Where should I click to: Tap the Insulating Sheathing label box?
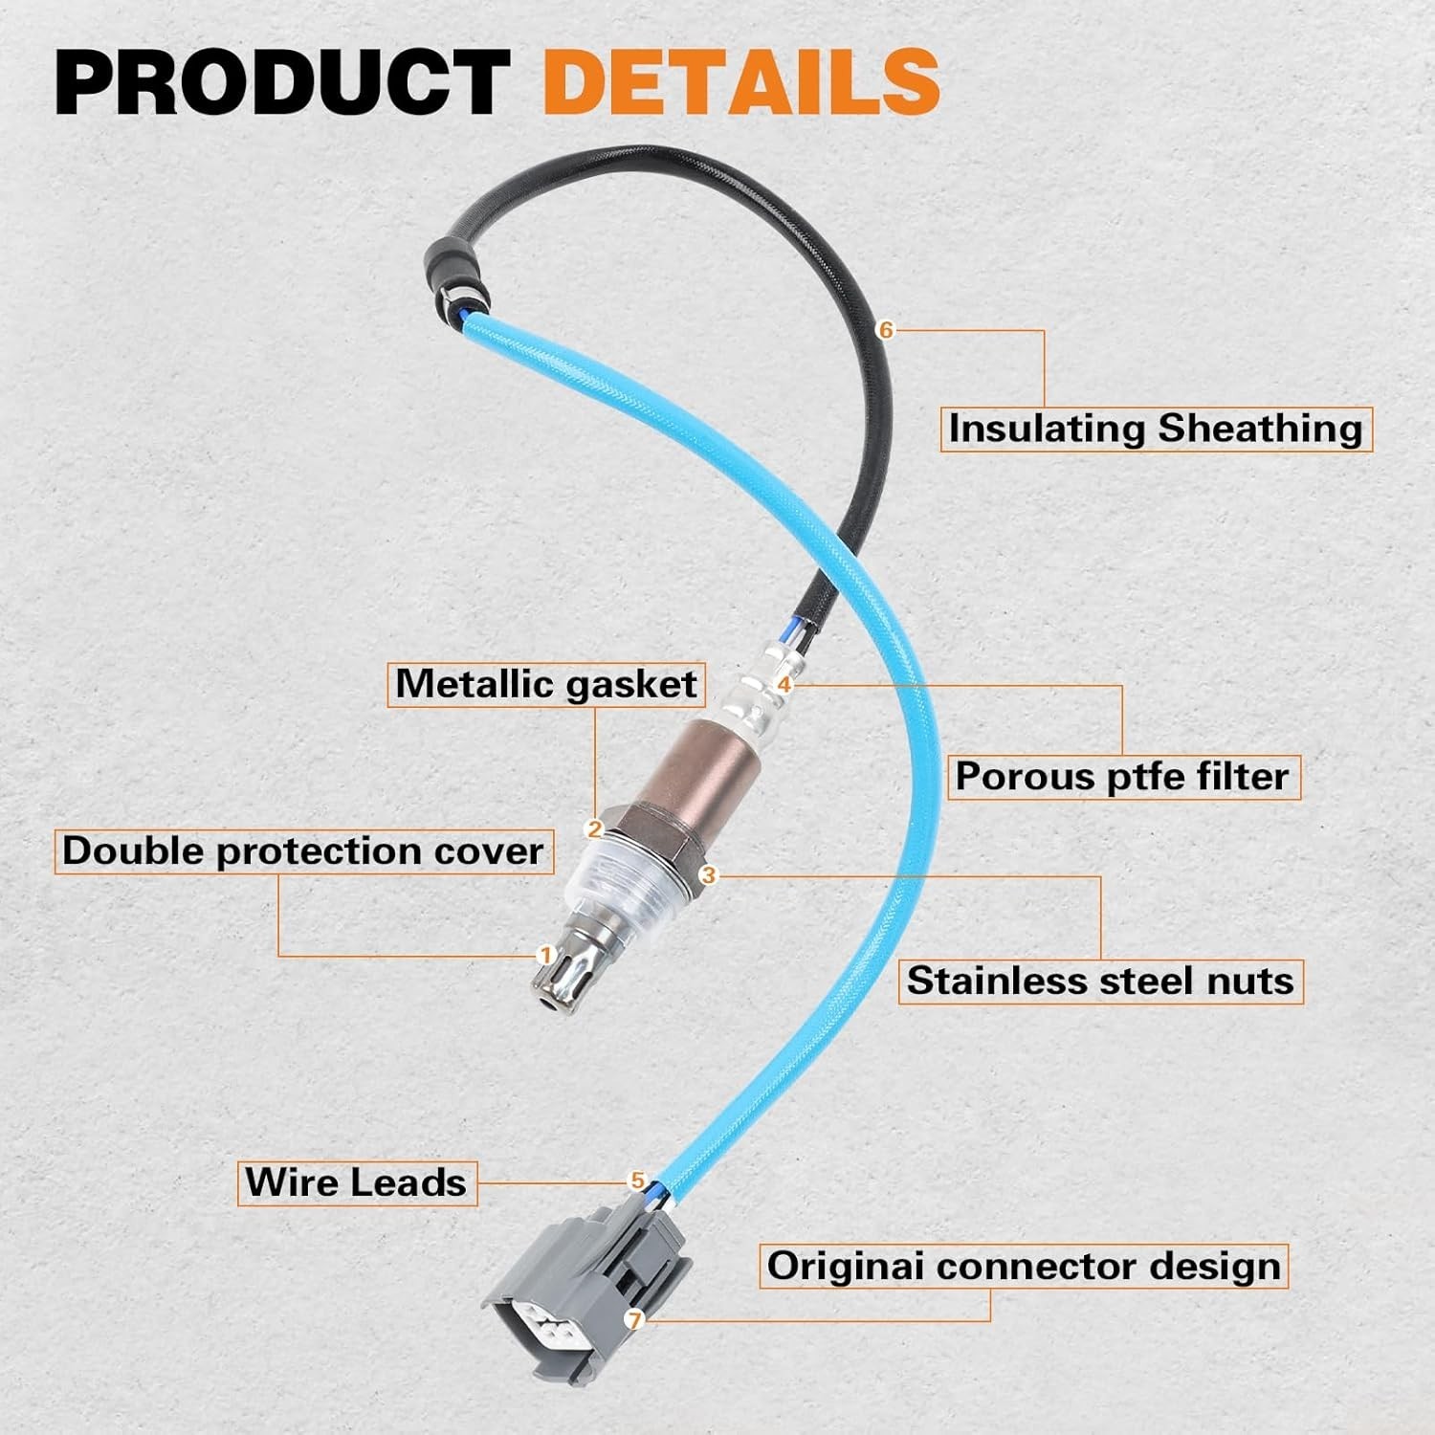(x=1156, y=429)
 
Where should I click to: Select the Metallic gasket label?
(x=546, y=685)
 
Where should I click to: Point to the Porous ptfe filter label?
(x=1123, y=776)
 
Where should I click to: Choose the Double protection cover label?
(x=303, y=851)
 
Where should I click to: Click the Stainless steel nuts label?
(x=1100, y=982)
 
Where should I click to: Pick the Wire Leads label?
(x=357, y=1182)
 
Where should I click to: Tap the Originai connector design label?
(x=1024, y=1267)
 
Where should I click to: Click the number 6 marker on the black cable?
(x=886, y=330)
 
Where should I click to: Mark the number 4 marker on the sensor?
(x=784, y=684)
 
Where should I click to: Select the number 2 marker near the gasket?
(x=595, y=829)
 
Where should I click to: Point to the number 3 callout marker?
(x=708, y=874)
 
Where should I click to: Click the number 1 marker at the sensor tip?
(x=545, y=955)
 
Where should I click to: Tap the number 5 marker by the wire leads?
(x=638, y=1181)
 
